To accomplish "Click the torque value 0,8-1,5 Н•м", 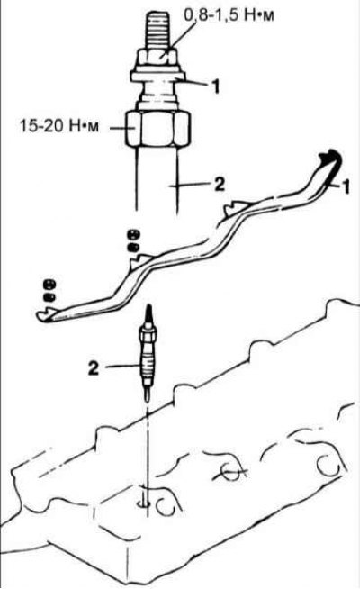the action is tap(229, 15).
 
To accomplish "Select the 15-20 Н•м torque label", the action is tap(59, 126).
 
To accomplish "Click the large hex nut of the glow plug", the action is tap(157, 128).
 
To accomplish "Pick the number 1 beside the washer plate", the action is tap(215, 87).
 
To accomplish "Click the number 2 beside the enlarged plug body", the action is tap(219, 185).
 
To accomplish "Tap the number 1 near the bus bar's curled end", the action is tap(346, 186).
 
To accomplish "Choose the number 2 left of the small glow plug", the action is tap(94, 368).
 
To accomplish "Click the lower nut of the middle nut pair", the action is tap(132, 248).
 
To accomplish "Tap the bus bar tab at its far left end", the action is tap(44, 315).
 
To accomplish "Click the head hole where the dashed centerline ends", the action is tap(145, 503).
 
